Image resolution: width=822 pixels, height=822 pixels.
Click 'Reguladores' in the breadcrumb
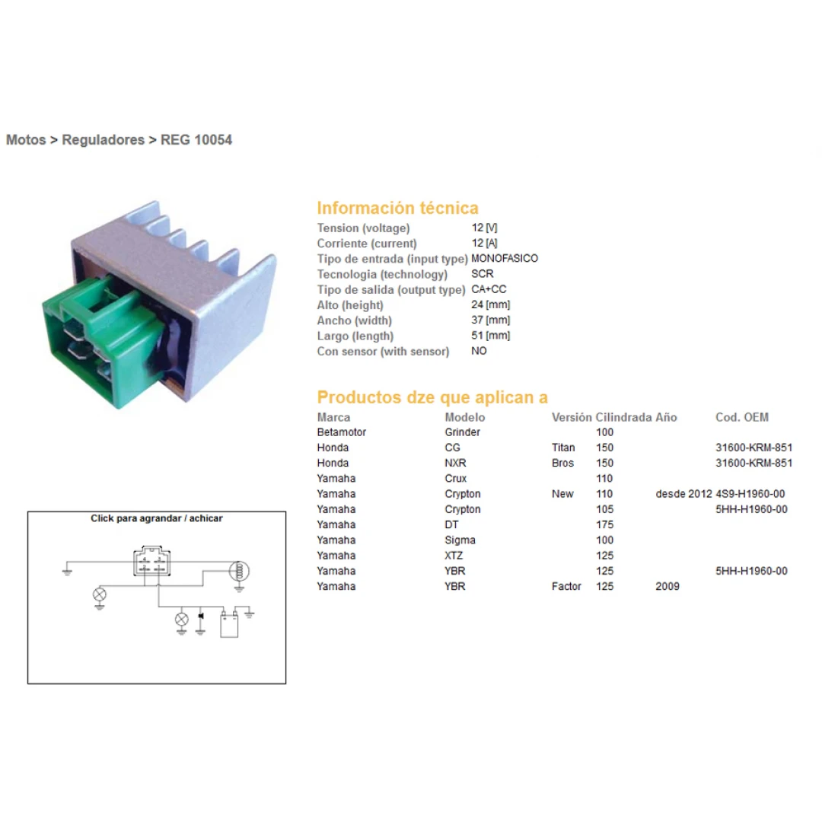104,140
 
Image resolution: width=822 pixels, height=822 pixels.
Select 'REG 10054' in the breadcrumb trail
196,140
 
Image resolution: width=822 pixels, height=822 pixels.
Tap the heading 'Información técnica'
397,208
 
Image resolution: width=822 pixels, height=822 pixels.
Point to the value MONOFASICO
505,259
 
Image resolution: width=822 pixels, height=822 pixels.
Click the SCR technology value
483,274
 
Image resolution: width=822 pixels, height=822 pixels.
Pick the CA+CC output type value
489,289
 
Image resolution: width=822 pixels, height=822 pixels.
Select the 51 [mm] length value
491,336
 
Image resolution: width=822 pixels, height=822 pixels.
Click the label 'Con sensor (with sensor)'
383,351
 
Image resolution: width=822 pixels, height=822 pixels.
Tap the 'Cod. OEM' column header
742,417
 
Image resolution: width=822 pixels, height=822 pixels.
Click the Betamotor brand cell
341,432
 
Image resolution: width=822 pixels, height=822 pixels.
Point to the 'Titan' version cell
563,448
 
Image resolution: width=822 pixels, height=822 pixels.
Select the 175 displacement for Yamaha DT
604,524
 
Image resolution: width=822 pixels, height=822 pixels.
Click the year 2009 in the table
667,586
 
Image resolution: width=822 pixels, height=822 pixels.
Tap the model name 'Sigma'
460,540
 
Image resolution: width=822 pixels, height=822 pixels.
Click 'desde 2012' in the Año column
683,494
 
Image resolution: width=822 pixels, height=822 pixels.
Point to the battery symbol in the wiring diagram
229,624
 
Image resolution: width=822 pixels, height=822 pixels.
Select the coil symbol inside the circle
240,571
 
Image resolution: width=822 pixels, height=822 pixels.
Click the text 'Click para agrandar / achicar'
157,518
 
